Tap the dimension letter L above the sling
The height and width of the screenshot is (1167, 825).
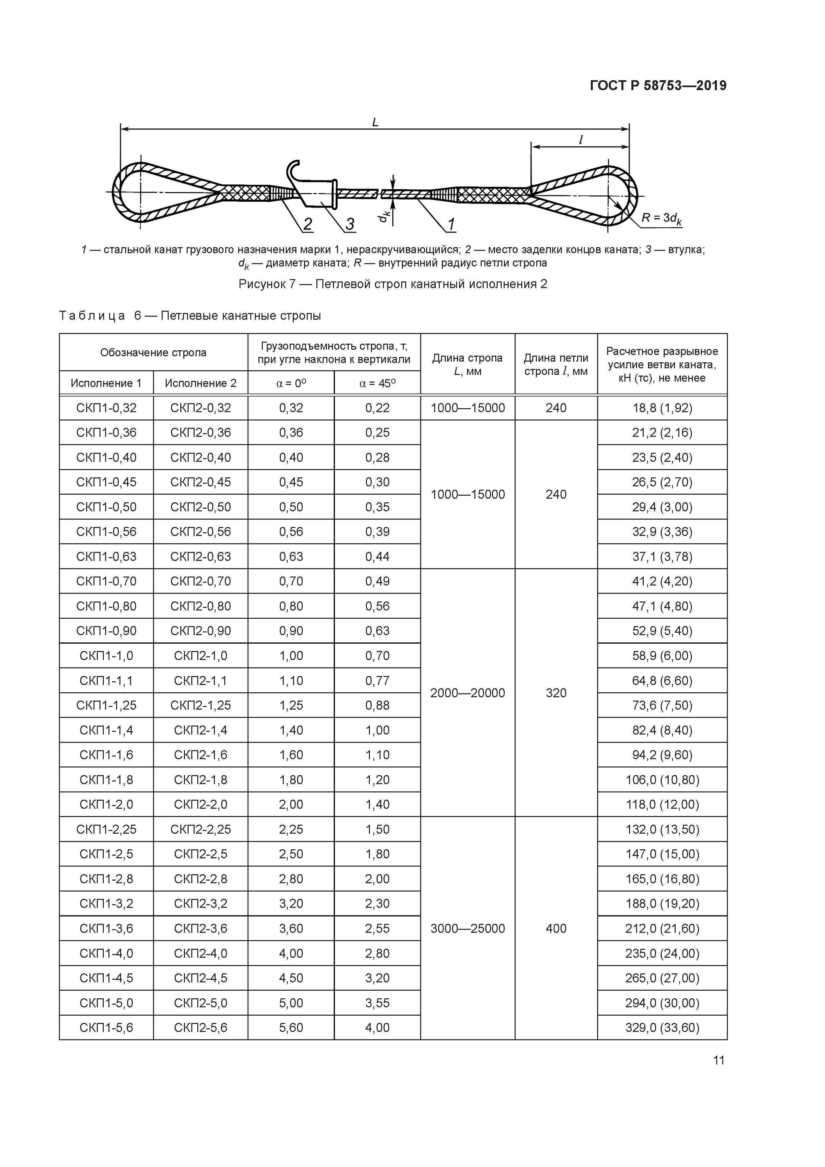coord(375,122)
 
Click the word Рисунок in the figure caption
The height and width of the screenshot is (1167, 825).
coord(262,284)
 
